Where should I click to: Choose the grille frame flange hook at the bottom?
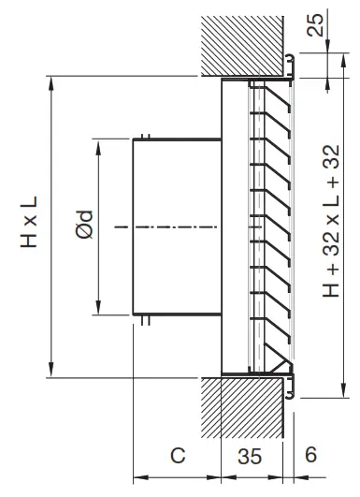tap(294, 387)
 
